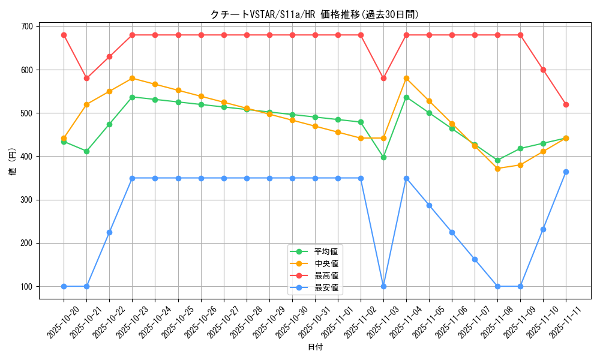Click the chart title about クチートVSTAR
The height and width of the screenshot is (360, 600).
click(314, 14)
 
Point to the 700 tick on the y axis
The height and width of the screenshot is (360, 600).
click(26, 26)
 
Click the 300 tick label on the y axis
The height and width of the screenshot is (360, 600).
click(26, 200)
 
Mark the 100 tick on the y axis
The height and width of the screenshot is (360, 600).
click(26, 286)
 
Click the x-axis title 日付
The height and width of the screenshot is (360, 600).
click(314, 347)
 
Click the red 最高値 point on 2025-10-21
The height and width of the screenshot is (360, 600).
click(86, 78)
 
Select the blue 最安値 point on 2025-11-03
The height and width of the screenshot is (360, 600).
click(383, 286)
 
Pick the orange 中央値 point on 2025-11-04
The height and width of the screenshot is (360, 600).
click(406, 78)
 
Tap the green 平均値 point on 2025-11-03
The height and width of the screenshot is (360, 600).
click(383, 157)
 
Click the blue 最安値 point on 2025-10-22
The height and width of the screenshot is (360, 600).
click(109, 232)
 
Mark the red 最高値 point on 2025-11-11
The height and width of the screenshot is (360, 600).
click(566, 104)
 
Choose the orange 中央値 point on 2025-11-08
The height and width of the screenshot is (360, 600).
click(497, 169)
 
